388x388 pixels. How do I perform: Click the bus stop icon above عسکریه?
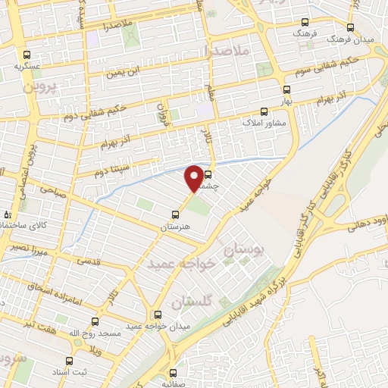pyautogui.click(x=27, y=55)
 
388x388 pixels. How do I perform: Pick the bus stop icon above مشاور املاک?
pyautogui.click(x=264, y=110)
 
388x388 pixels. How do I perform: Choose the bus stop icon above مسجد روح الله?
pyautogui.click(x=95, y=321)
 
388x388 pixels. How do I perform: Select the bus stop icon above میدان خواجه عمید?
pyautogui.click(x=158, y=314)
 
